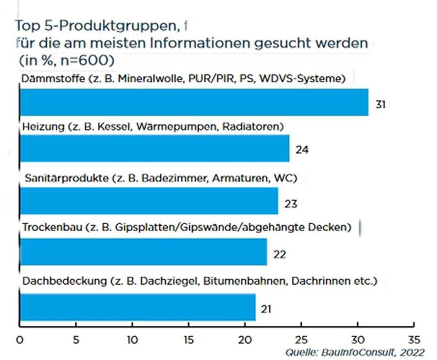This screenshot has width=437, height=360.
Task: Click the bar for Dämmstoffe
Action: click(194, 102)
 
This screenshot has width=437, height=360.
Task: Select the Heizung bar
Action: click(154, 148)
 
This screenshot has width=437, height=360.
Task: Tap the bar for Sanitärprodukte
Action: click(149, 200)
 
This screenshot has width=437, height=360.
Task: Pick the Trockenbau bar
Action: click(143, 251)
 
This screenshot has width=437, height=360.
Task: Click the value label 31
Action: click(379, 104)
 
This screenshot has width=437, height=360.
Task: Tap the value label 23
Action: click(291, 204)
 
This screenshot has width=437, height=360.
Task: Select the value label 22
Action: click(279, 254)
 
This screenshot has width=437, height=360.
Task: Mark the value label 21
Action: click(268, 309)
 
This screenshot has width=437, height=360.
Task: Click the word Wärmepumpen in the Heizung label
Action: click(168, 127)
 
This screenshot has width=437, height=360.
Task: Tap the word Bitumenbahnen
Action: click(240, 281)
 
